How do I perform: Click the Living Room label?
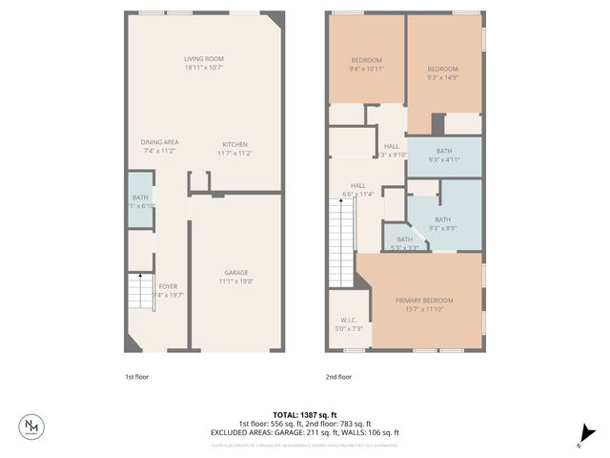click(x=203, y=59)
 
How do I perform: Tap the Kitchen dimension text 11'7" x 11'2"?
click(x=234, y=153)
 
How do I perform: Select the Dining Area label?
click(x=160, y=141)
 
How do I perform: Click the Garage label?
click(x=235, y=272)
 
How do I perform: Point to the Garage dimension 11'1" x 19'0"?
click(x=235, y=281)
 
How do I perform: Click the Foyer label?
click(x=168, y=286)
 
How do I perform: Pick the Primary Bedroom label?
click(x=424, y=301)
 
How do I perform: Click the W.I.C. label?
click(x=349, y=321)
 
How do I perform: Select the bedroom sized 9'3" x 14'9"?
click(x=443, y=72)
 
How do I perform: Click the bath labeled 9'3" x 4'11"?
click(x=444, y=156)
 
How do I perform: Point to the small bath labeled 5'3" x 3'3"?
click(x=404, y=243)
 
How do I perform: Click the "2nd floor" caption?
click(x=338, y=377)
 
